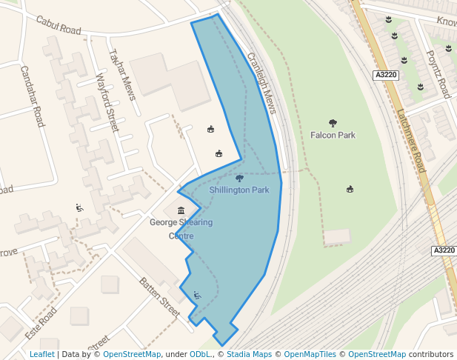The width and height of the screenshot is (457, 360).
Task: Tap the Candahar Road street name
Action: click(33, 96)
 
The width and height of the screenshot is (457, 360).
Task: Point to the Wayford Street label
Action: click(107, 101)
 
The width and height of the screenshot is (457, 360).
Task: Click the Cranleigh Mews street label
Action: click(261, 82)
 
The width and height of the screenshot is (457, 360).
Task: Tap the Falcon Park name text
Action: click(333, 136)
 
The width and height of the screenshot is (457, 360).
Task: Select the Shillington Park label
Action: click(238, 190)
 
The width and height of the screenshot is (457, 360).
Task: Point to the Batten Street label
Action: click(160, 296)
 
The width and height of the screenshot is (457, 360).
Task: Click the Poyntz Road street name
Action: click(438, 74)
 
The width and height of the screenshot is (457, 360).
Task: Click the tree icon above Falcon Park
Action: click(333, 124)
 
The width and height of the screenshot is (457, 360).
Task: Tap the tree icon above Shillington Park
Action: click(239, 179)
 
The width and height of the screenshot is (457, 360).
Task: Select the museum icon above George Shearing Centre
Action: click(181, 210)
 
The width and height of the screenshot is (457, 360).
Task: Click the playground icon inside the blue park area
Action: click(197, 296)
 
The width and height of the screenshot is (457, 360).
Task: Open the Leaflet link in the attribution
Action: click(41, 355)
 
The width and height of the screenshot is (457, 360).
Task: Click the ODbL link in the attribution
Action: click(200, 355)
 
